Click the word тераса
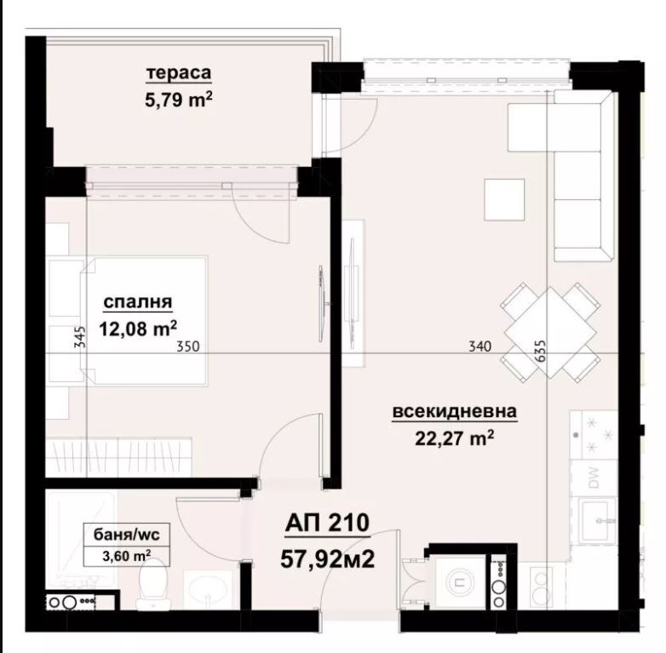178,73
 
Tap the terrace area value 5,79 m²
178,100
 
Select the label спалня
138,302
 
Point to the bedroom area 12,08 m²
138,328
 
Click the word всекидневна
455,411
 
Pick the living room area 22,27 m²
455,438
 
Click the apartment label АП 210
327,523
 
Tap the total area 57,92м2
328,559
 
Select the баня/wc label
127,535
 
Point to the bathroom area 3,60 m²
127,556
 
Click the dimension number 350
187,347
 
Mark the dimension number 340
480,347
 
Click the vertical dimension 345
80,336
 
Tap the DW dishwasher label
593,478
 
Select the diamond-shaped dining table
550,332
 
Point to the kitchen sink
598,520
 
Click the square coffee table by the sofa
504,198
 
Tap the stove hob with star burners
593,434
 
